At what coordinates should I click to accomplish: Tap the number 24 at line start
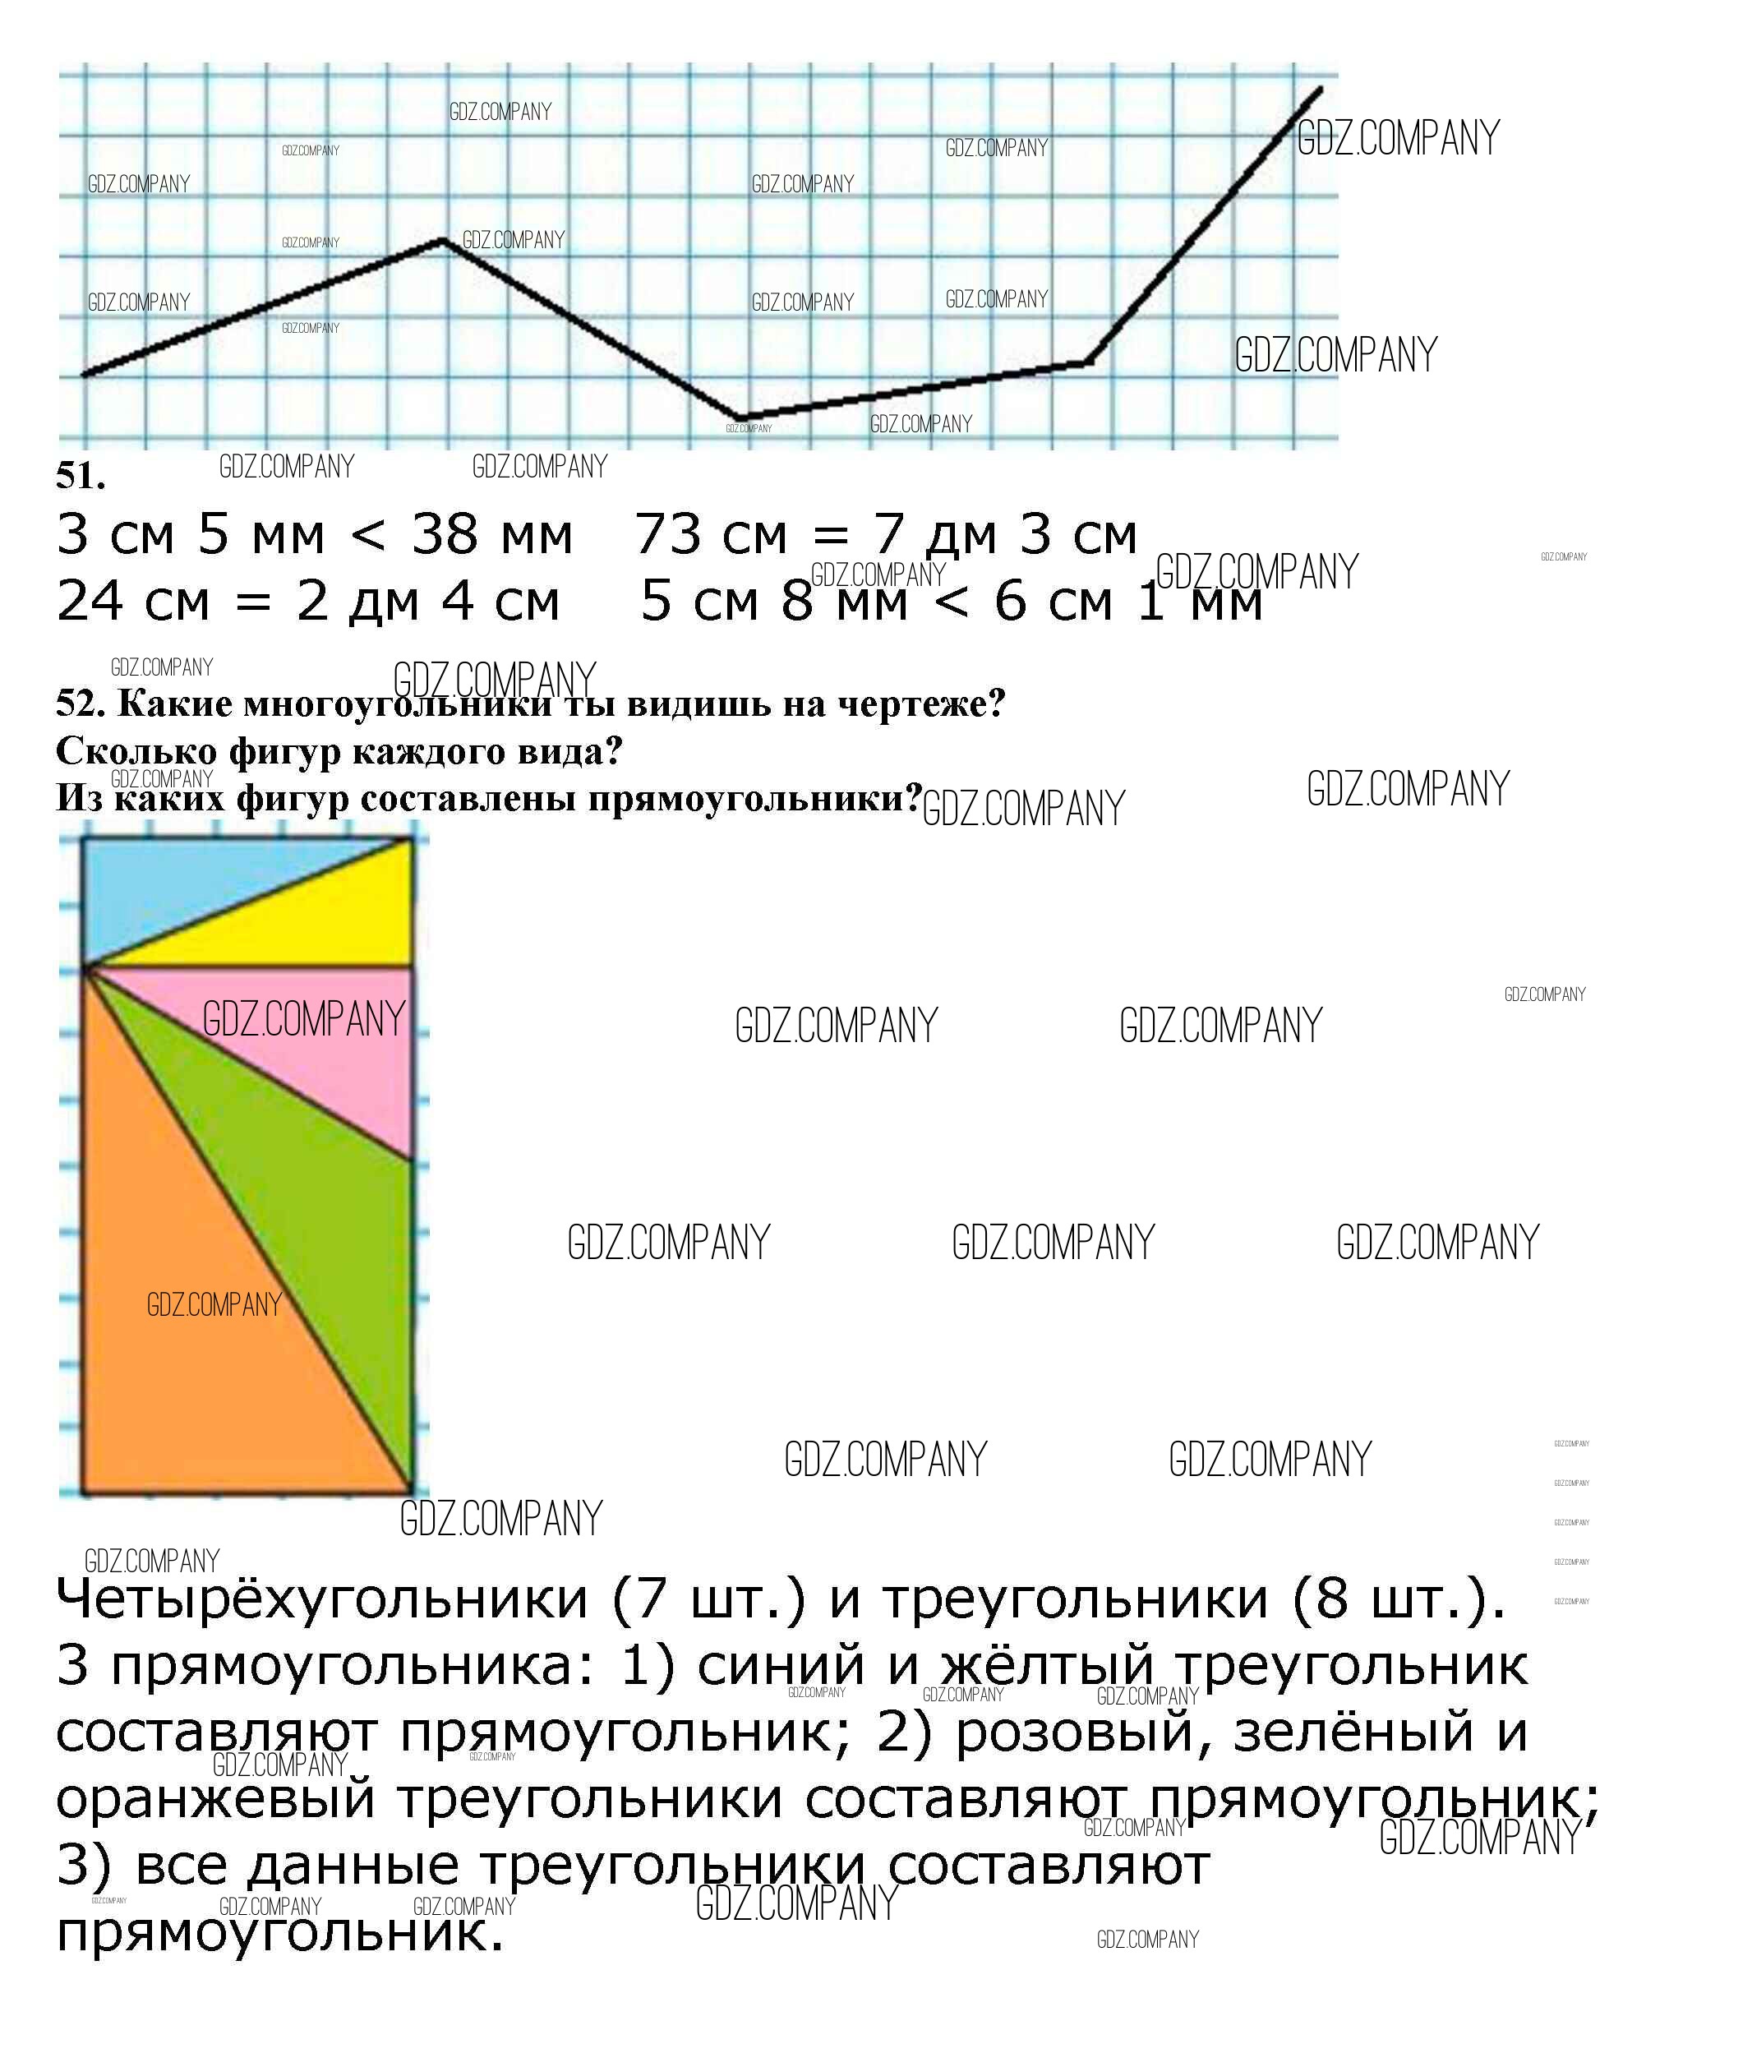coord(92,602)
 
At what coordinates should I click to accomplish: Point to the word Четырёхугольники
coord(322,1599)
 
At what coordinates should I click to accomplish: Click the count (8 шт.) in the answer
coord(1397,1599)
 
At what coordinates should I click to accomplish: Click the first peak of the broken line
coord(443,241)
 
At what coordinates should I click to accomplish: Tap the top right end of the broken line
coord(1320,90)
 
